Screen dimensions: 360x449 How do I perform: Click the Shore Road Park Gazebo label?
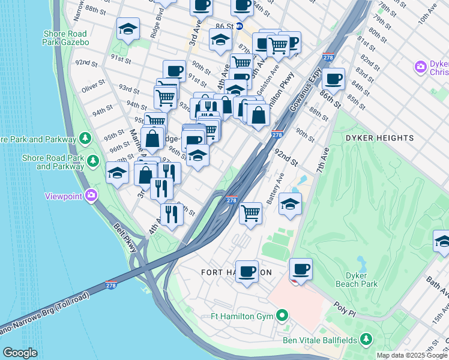[x=65, y=38]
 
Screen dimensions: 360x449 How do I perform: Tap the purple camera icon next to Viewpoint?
[x=91, y=195]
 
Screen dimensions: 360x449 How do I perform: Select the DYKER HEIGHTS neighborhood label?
[x=379, y=138]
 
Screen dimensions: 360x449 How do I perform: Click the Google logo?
[x=20, y=353]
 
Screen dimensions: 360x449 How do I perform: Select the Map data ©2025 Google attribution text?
[x=412, y=355]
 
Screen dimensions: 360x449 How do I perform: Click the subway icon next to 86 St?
[x=239, y=26]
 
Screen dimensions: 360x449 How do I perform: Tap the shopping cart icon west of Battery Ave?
[x=250, y=213]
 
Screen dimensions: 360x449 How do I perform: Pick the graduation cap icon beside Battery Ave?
[x=290, y=203]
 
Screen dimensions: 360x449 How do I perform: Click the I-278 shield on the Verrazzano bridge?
[x=112, y=284]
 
